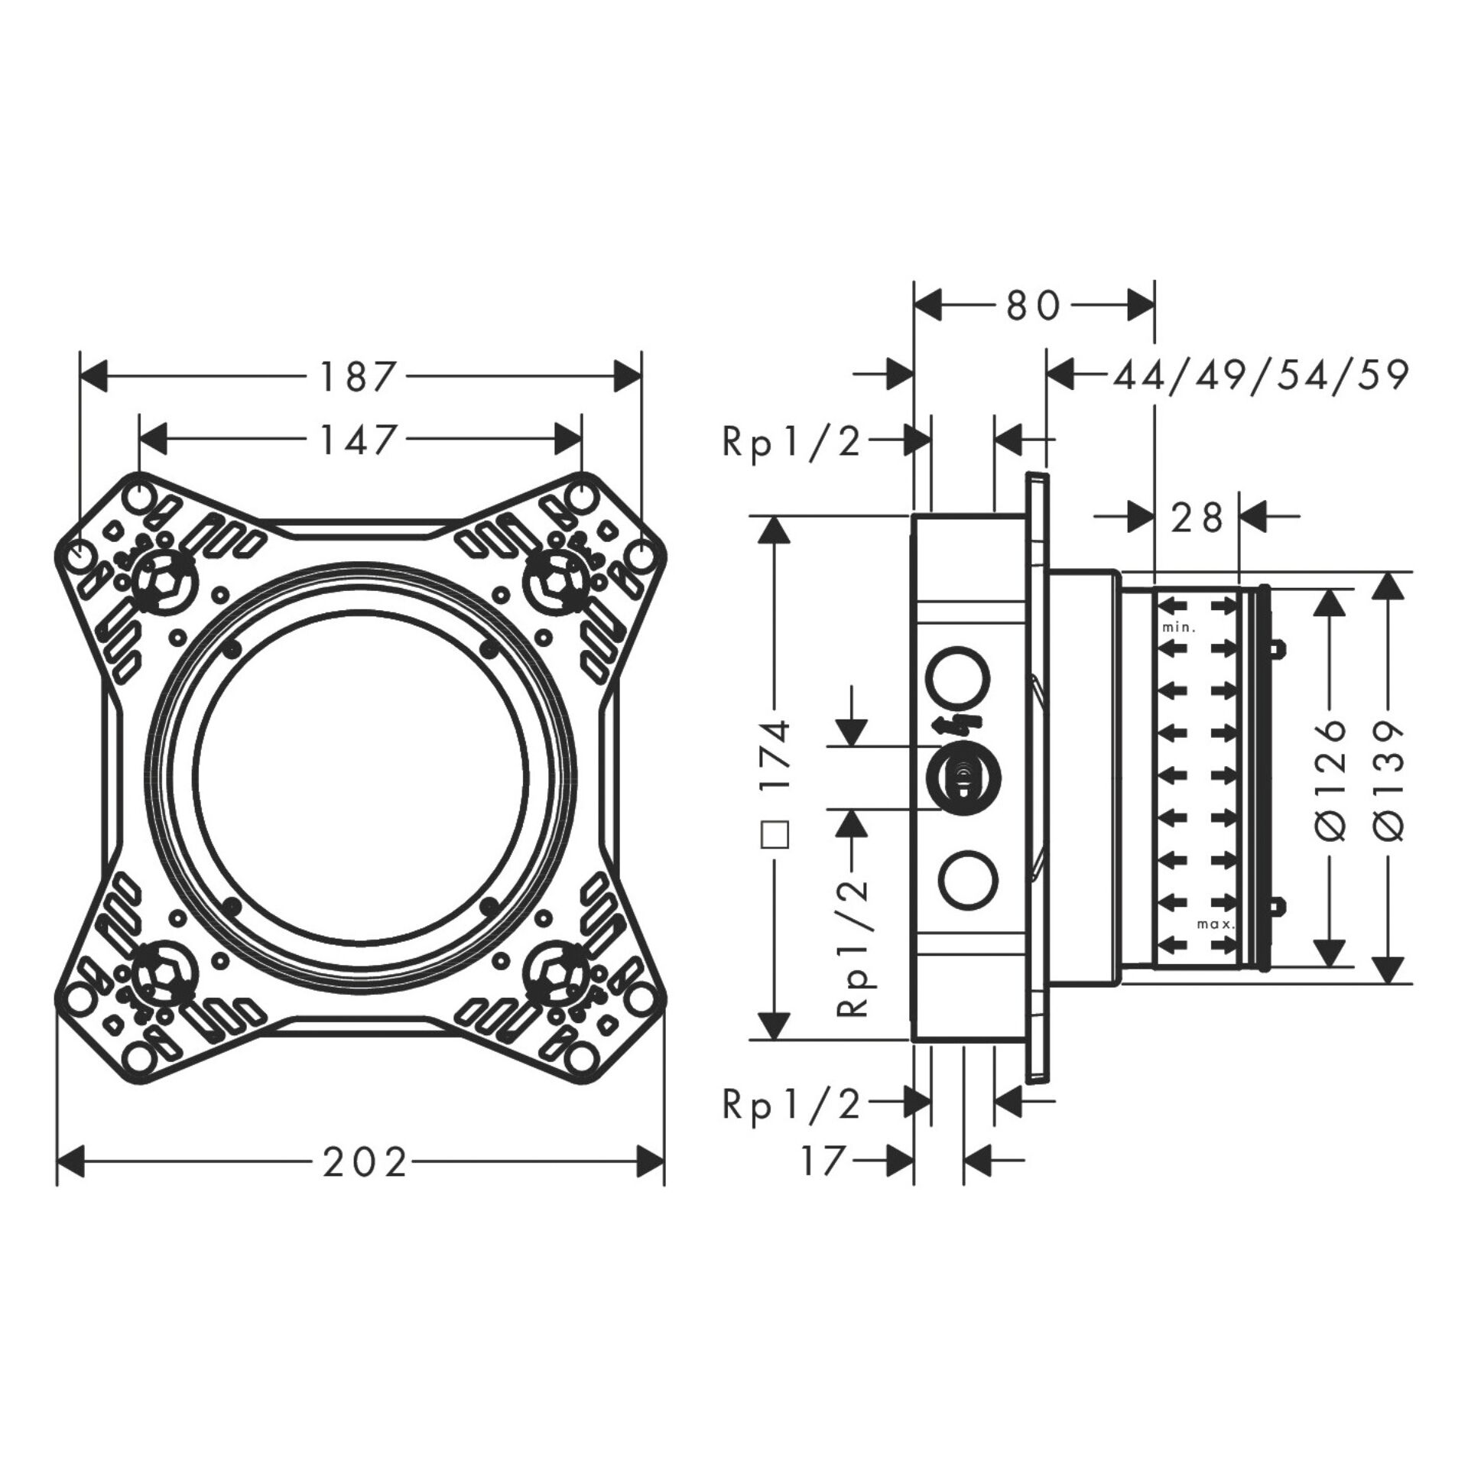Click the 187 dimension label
point(359,377)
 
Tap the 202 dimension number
point(364,1164)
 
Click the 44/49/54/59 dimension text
point(1260,376)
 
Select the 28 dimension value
point(1197,518)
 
